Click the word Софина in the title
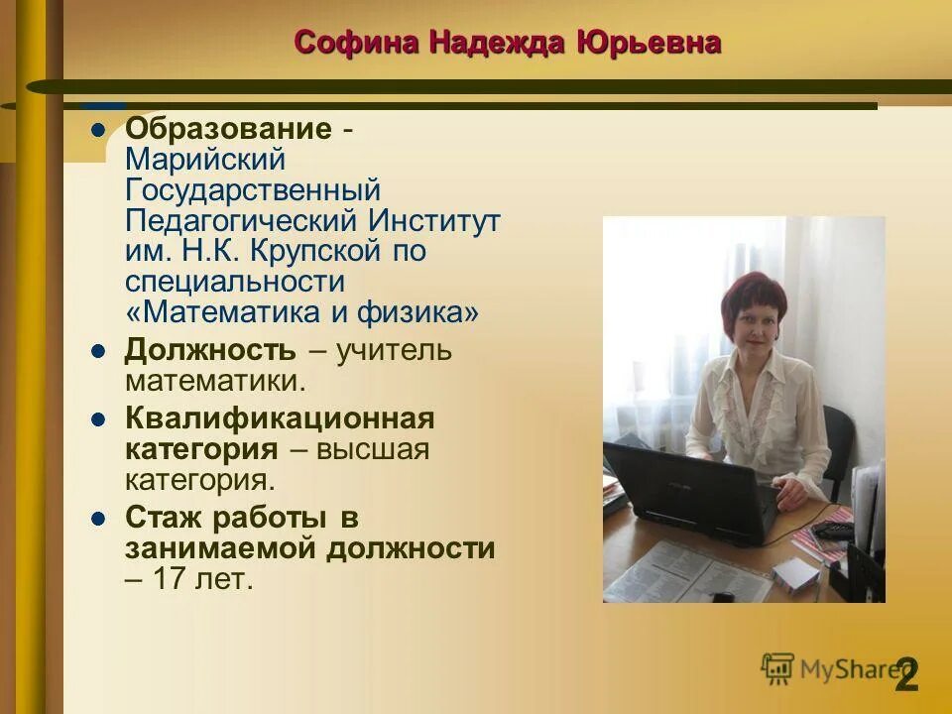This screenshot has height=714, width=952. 357,43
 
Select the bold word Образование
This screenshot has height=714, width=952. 227,129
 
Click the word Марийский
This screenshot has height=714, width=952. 205,160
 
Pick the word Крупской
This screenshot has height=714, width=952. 298,251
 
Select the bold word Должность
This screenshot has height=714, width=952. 210,350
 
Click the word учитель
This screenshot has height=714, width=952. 394,350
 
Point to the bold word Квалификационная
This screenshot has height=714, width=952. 280,418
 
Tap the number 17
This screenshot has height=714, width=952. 170,579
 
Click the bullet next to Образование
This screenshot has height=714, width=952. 97,129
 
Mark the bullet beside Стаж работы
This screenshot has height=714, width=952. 97,518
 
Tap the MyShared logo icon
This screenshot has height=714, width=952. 778,668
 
